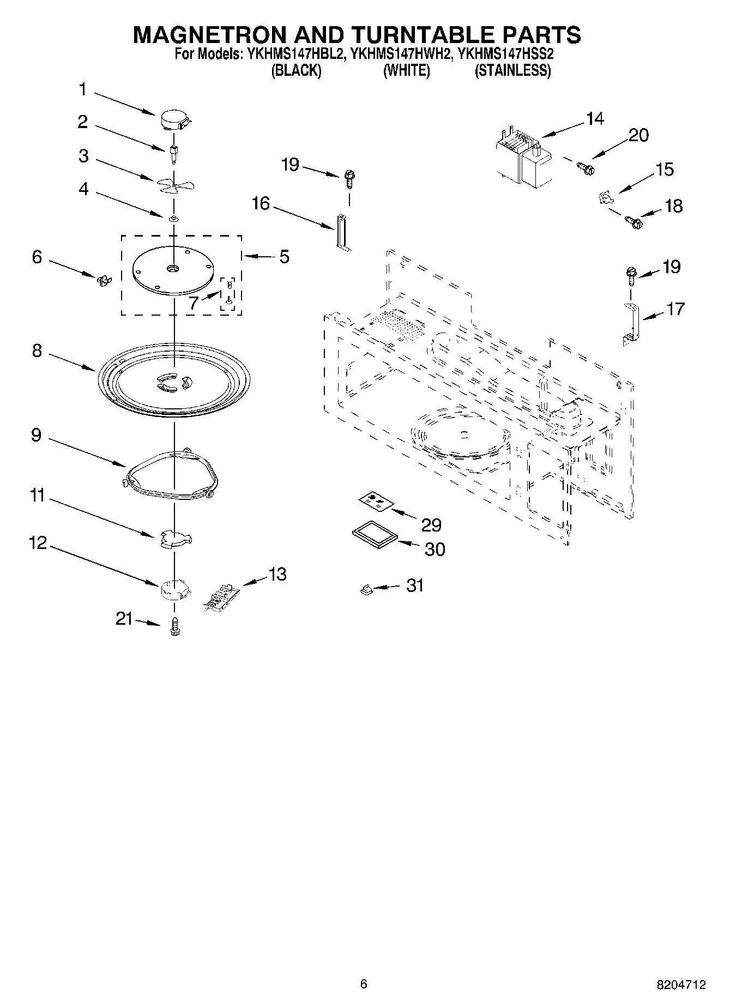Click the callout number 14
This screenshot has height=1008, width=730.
pyautogui.click(x=595, y=118)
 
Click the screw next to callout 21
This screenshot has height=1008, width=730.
pyautogui.click(x=174, y=626)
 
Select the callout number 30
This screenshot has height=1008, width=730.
pyautogui.click(x=435, y=549)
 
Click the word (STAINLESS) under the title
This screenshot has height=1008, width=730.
pyautogui.click(x=512, y=71)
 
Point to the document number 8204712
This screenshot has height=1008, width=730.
pyautogui.click(x=680, y=985)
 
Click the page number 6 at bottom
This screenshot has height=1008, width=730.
pyautogui.click(x=364, y=984)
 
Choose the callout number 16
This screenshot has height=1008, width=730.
pyautogui.click(x=261, y=204)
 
